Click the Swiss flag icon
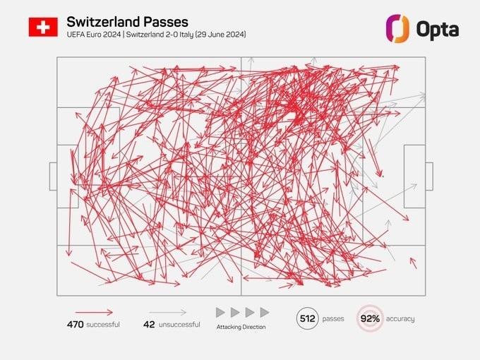(43, 27)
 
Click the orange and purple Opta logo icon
(398, 28)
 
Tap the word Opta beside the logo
(438, 29)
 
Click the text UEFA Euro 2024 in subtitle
(92, 35)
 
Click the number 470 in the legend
(76, 325)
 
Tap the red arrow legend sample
(94, 312)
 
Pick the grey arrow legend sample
(168, 312)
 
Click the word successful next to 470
(103, 325)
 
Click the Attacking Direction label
(241, 327)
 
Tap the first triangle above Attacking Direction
(220, 312)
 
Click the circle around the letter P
(307, 318)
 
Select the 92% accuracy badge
(369, 318)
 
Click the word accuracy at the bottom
(400, 319)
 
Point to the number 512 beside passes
(307, 318)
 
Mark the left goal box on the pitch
(53, 176)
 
